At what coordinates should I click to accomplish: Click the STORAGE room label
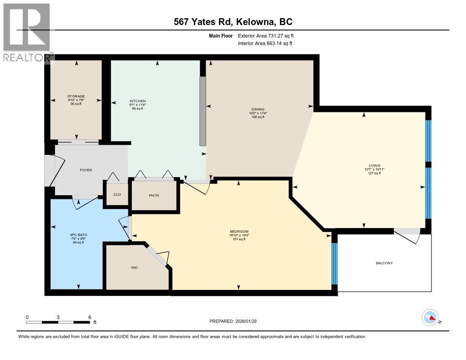[x=76, y=96]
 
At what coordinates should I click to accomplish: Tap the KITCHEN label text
[x=137, y=101]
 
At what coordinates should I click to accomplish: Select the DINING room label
[x=258, y=109]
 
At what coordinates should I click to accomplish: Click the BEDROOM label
[x=239, y=232]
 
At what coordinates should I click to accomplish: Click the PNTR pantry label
[x=153, y=196]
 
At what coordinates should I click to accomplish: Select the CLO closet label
[x=117, y=194]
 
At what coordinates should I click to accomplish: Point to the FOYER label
[x=86, y=170]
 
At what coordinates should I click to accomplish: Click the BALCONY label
[x=384, y=263]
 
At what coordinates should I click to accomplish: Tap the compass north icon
[x=430, y=317]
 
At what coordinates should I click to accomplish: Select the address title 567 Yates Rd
[x=233, y=21]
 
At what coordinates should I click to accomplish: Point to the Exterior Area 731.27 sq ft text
[x=269, y=35]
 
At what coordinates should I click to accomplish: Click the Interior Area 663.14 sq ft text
[x=265, y=43]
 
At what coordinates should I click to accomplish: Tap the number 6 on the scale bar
[x=90, y=317]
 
